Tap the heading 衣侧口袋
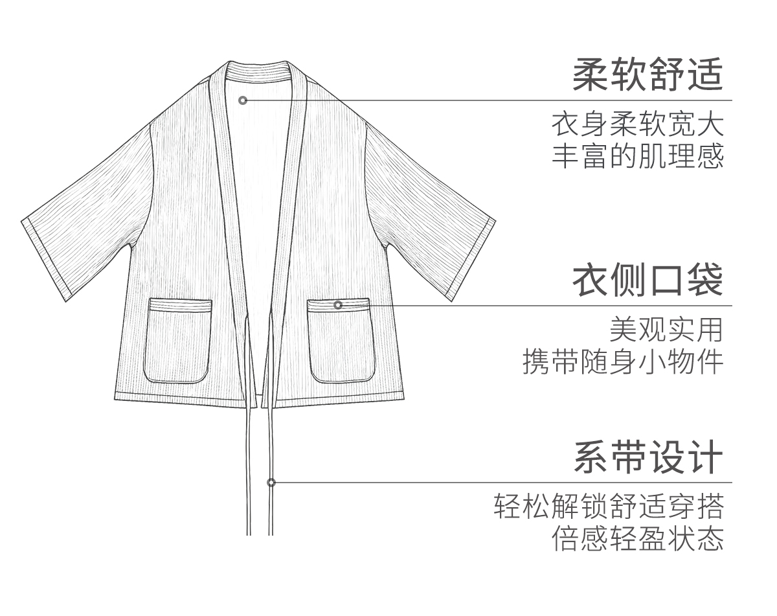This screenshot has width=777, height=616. point(647,280)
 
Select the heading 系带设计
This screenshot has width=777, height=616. point(647,457)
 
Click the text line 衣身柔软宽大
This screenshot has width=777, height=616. point(637,124)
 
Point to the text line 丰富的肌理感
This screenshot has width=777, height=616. point(637,156)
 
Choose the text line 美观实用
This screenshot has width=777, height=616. point(666,330)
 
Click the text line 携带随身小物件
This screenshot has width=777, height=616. point(622,362)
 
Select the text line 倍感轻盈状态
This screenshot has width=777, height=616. point(637,539)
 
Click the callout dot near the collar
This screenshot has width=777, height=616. point(243,100)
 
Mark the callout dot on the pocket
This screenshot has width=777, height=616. point(338,304)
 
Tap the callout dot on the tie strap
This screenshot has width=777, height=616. point(271,483)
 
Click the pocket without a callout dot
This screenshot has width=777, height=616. point(178,341)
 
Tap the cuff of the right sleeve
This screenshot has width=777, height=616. point(472,259)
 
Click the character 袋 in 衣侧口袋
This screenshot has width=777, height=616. point(704,280)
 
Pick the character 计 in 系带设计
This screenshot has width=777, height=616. point(704,457)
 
